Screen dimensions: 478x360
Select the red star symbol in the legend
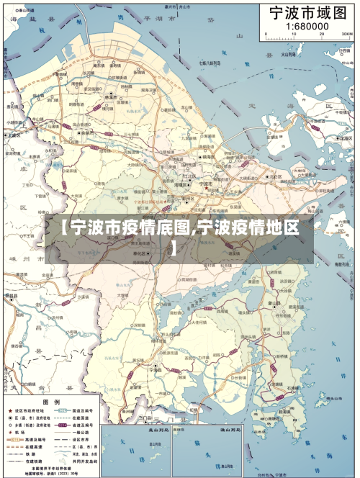click(9, 411)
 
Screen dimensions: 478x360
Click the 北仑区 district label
click(274, 176)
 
